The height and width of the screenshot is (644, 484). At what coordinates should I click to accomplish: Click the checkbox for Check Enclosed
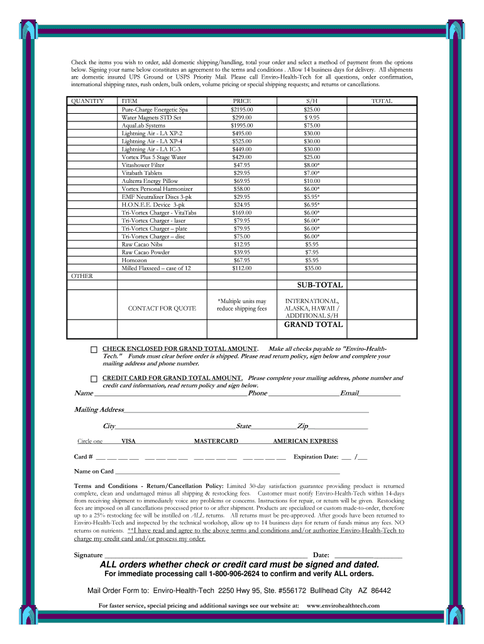[x=94, y=350]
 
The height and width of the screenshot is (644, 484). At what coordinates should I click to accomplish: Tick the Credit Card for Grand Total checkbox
[x=94, y=379]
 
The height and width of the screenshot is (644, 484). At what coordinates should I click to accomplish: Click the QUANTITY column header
[x=88, y=101]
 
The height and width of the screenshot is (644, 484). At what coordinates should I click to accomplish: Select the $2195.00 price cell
[x=242, y=109]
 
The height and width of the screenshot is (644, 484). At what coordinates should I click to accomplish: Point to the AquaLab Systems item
[x=143, y=125]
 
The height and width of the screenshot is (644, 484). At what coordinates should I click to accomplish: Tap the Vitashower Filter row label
[x=143, y=165]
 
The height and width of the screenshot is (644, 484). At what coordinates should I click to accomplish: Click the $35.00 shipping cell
[x=312, y=268]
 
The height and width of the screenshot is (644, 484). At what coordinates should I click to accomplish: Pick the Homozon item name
[x=135, y=260]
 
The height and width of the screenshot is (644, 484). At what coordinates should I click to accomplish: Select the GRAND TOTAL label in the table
[x=313, y=325]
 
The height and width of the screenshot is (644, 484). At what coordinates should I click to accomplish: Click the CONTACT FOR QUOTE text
[x=162, y=309]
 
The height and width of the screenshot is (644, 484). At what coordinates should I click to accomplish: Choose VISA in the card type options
[x=128, y=441]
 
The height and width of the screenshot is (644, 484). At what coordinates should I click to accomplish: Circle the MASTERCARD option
[x=216, y=441]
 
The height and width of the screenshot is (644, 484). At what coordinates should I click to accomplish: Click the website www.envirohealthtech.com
[x=343, y=606]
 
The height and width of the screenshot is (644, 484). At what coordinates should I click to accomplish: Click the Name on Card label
[x=94, y=471]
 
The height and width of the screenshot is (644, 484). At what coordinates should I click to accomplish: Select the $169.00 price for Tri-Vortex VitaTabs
[x=242, y=212]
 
